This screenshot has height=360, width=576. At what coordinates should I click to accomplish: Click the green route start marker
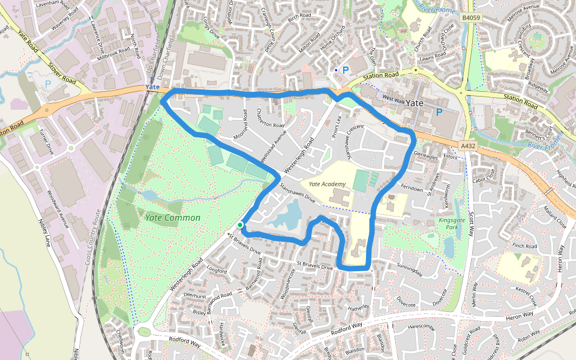(240, 225)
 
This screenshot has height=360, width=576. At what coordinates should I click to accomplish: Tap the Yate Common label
(172, 217)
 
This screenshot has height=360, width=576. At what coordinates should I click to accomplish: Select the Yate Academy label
(327, 184)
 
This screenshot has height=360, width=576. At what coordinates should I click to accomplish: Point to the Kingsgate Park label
(452, 224)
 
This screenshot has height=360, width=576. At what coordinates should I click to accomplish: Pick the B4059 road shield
(471, 19)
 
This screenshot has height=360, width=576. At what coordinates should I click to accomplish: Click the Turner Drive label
(46, 141)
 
